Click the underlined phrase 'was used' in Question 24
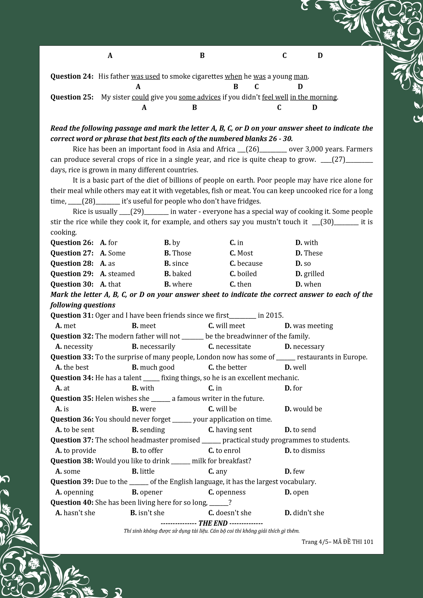tap(145, 77)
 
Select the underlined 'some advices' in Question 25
tap(200, 97)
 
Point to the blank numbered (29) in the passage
tap(144, 212)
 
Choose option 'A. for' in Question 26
tap(109, 243)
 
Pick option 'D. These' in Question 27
tap(309, 253)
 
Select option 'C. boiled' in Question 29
tap(243, 274)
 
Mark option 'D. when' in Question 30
tap(308, 284)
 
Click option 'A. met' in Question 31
tap(66, 326)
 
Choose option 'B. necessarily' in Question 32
tap(153, 347)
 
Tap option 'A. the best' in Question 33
tap(72, 367)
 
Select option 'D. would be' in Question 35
tap(303, 409)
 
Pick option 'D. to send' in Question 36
tap(300, 430)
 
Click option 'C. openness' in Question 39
tap(227, 492)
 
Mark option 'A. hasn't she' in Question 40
tap(75, 513)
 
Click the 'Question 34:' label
tap(72, 378)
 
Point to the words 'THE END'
tap(213, 523)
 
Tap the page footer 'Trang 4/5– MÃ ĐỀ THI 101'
tap(337, 542)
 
